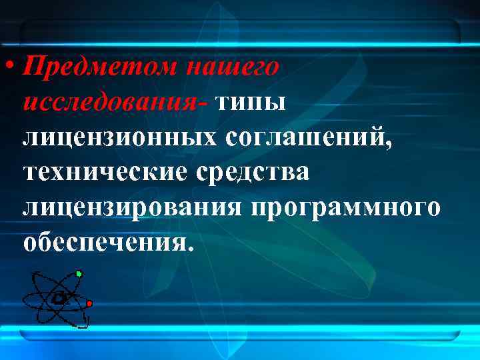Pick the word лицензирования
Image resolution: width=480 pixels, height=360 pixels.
(133, 207)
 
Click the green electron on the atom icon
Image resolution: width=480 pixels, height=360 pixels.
(79, 273)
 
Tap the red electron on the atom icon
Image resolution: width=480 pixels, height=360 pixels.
(89, 303)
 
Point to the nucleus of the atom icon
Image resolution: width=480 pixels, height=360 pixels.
(59, 298)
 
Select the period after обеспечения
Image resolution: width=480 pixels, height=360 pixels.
(193, 248)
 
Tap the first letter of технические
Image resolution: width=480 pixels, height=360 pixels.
(31, 173)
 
